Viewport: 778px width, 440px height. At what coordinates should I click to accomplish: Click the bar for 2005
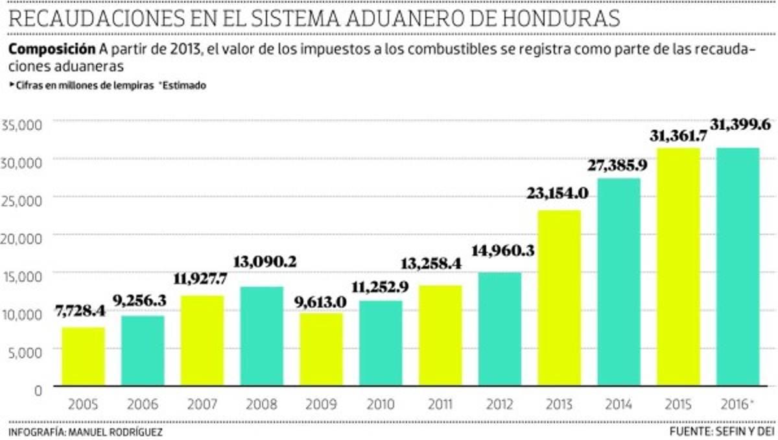[83, 357]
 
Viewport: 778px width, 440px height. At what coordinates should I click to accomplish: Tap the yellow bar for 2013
[559, 299]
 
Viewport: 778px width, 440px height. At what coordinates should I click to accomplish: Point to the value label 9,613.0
[321, 302]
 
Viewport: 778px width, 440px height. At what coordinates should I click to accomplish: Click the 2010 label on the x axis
[380, 404]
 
